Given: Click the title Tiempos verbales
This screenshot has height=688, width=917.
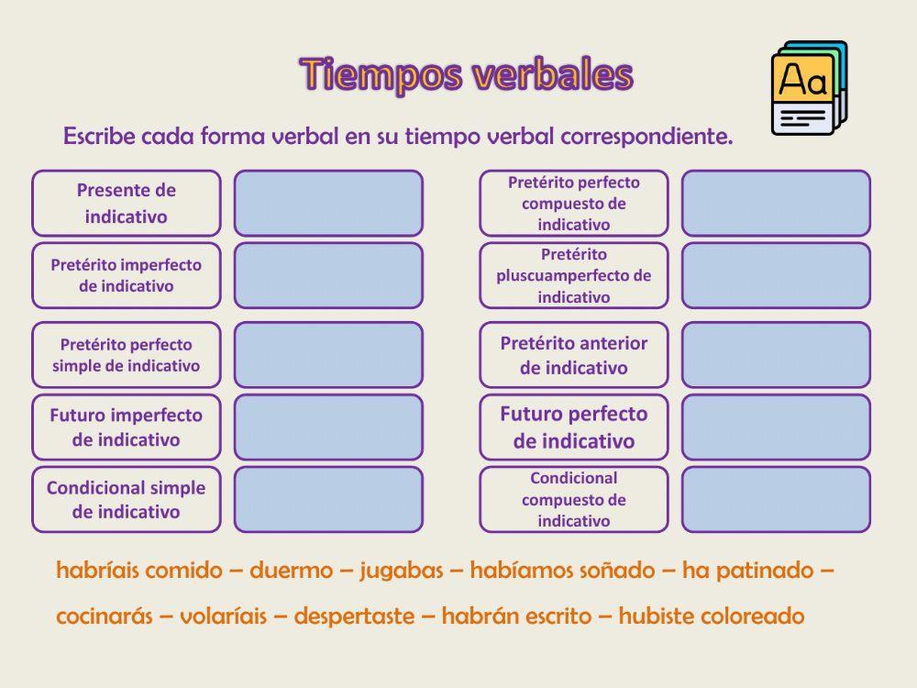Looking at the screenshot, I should coord(466,75).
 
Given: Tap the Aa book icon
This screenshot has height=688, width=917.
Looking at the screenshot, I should coord(809,89).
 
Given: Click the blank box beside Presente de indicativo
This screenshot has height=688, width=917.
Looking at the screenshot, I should coord(328,204).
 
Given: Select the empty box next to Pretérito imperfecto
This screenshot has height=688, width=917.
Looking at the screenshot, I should coord(328,275).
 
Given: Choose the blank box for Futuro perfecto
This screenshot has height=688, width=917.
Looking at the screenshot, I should coord(776,427).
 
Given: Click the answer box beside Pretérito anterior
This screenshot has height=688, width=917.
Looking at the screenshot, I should coord(776,355).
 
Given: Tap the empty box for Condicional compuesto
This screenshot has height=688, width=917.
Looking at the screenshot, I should coord(776,500).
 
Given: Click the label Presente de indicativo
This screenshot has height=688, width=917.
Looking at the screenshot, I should coord(127,204).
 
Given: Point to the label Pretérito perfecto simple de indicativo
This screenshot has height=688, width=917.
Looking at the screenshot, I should coord(127,355).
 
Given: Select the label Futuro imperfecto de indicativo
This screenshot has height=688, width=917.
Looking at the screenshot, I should coord(127,427).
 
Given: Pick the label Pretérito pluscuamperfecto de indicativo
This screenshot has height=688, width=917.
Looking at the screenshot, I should coord(574,275).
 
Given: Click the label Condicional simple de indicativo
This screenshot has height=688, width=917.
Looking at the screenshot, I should coord(127,500).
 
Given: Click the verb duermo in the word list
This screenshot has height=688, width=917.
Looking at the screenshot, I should coord(291,571).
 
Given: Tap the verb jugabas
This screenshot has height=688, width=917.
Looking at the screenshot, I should coord(401,571).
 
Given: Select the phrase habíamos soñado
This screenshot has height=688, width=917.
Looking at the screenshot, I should coord(562,571).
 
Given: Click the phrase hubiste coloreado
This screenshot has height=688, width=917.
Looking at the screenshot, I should coord(712,616).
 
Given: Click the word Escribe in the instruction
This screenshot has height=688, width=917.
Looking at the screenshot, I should coord(98,137).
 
